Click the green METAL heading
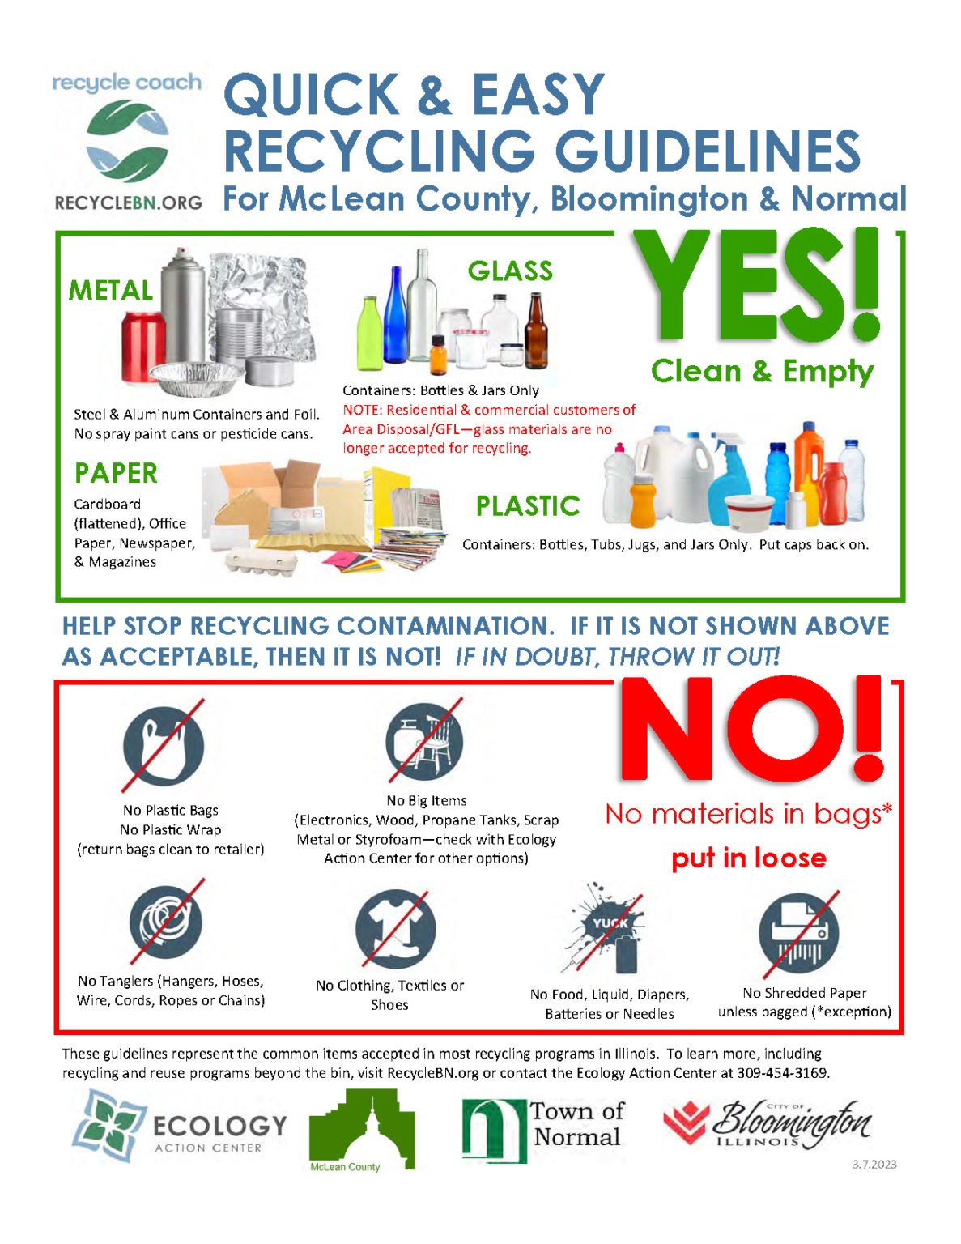click(111, 291)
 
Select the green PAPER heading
click(116, 473)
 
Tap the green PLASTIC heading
click(528, 506)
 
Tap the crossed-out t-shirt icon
click(395, 930)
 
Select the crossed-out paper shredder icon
click(798, 934)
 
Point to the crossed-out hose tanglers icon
click(166, 922)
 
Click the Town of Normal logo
click(541, 1128)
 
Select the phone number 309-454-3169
click(782, 1073)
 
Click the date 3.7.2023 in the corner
click(874, 1165)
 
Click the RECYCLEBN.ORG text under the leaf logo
click(129, 202)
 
